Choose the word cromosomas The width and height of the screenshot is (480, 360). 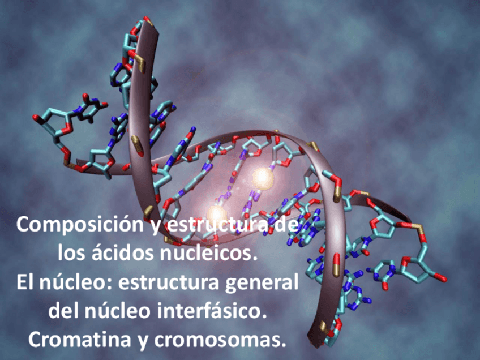[227, 340]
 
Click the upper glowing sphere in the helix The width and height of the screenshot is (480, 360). [262, 177]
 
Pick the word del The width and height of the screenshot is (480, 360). [63, 311]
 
